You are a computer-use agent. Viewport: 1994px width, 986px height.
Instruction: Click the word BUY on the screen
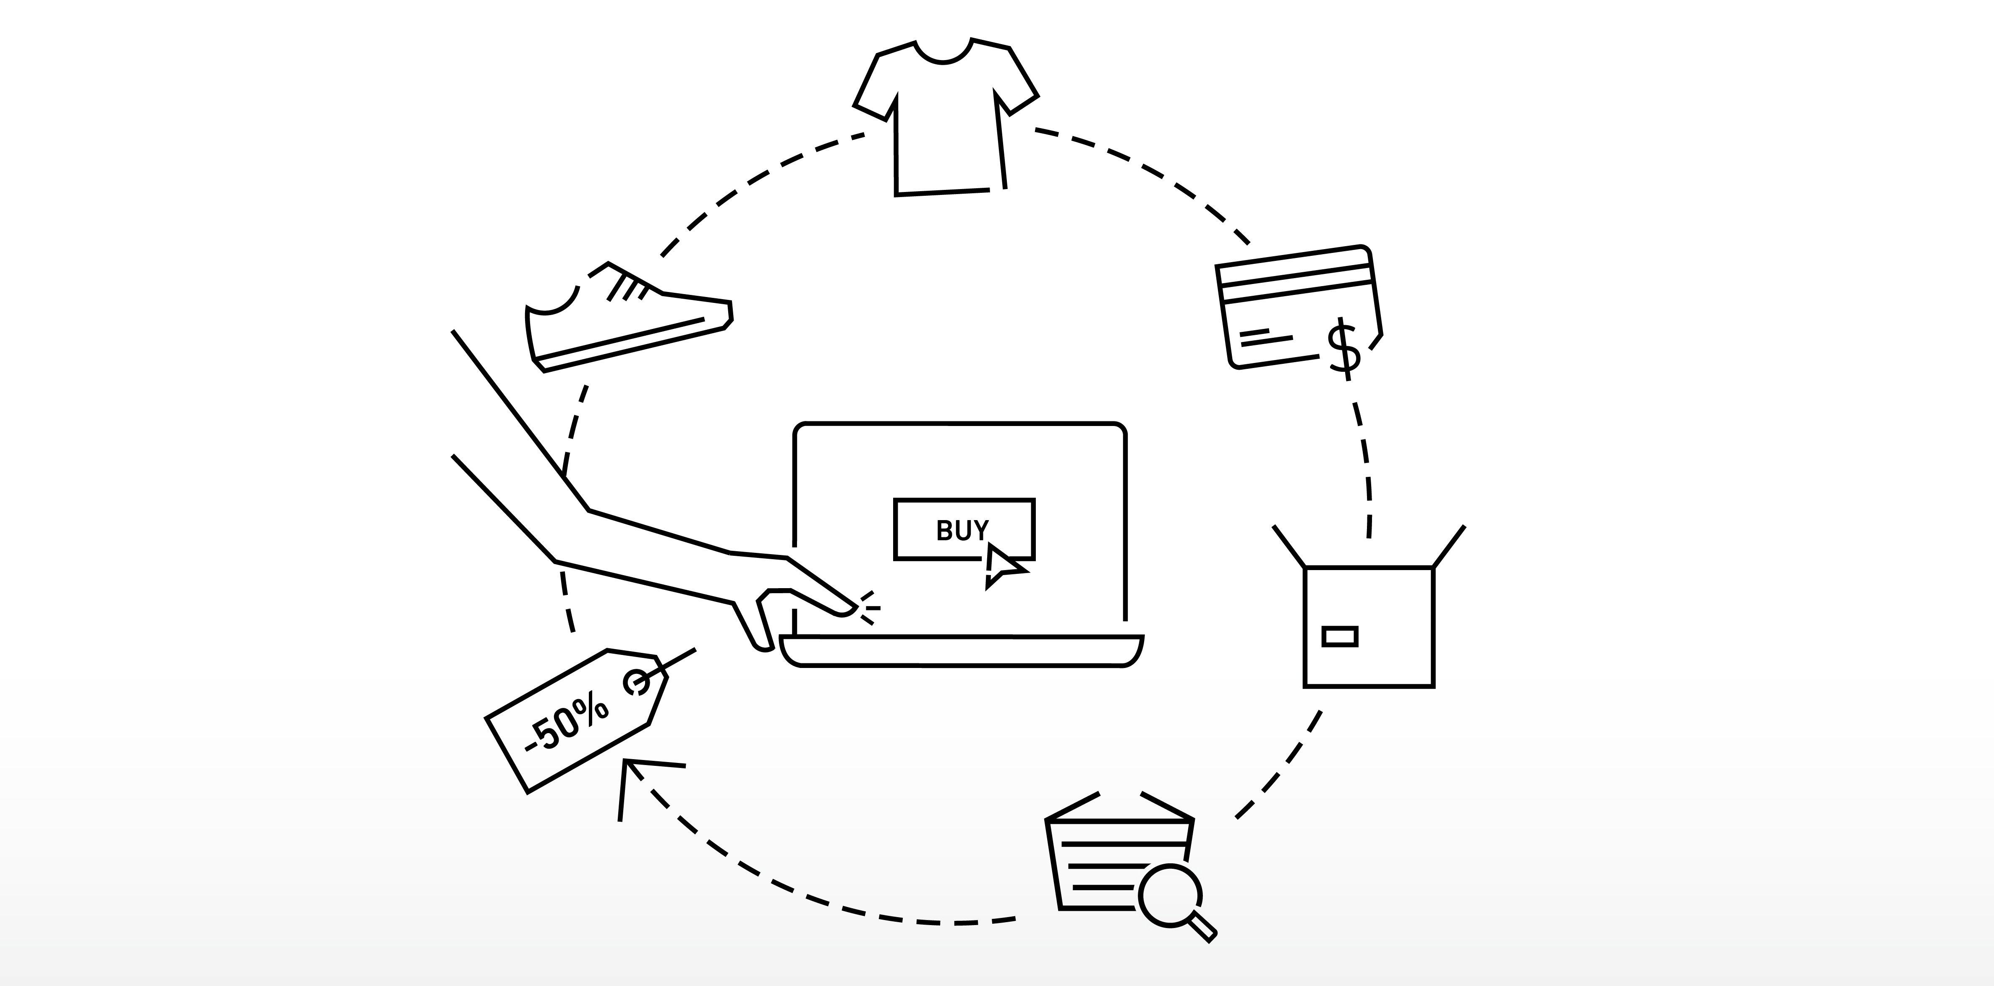coord(962,531)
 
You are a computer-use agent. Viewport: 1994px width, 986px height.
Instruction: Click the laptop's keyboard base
coord(962,651)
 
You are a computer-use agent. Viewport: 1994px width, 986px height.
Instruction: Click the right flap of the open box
coord(1449,546)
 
